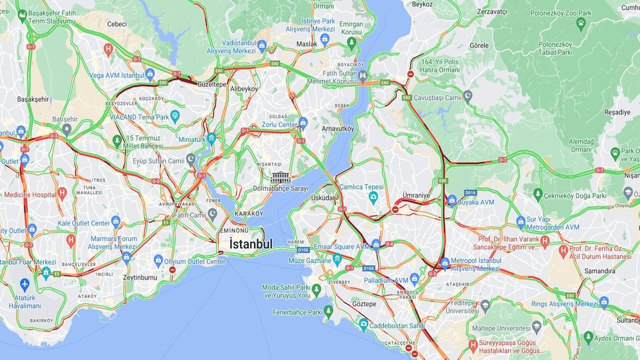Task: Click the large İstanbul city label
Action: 251,244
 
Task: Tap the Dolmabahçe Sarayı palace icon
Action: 281,177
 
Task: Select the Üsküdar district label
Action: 323,198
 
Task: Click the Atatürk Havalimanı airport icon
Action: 25,284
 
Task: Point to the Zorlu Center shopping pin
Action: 303,123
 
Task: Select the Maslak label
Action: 307,44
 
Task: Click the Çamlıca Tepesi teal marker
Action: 373,197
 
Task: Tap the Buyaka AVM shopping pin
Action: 452,200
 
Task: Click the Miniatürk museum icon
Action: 211,138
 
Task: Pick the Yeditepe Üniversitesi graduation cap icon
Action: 485,305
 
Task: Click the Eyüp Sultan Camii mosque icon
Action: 191,158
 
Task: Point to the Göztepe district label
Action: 364,303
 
